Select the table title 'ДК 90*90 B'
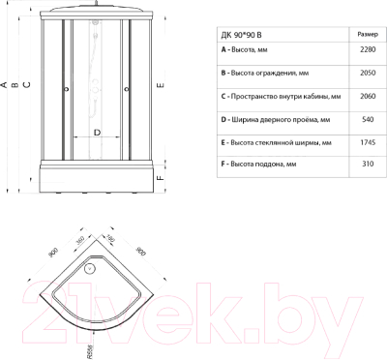[x=242, y=32]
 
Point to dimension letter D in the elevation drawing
[x=97, y=132]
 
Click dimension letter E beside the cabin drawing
[x=161, y=85]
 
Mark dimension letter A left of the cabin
[x=4, y=84]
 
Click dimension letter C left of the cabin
[x=26, y=84]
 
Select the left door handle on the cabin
[x=65, y=92]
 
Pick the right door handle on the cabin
[x=128, y=92]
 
